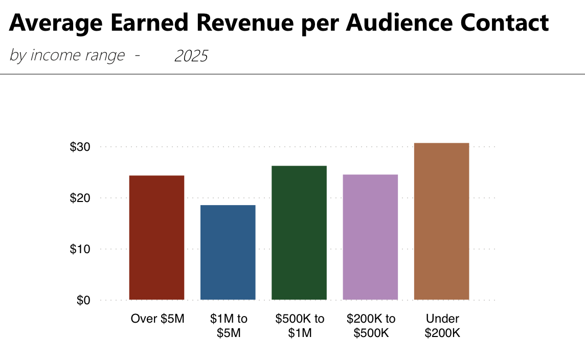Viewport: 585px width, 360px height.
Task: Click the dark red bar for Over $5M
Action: [156, 237]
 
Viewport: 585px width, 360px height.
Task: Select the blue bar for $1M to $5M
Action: [228, 252]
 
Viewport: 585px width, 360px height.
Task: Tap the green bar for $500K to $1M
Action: [299, 233]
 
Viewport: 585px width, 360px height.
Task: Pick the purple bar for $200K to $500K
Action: [370, 237]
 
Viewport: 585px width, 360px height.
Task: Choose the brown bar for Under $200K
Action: [441, 221]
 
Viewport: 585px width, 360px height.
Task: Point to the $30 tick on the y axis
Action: [80, 147]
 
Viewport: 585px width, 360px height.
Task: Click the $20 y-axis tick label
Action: [80, 198]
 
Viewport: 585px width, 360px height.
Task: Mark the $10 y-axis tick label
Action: [80, 249]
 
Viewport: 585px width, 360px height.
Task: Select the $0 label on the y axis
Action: [83, 300]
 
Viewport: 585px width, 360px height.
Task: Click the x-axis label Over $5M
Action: [157, 319]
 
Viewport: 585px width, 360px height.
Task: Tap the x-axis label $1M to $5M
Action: [228, 326]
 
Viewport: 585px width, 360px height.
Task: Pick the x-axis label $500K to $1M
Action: [300, 326]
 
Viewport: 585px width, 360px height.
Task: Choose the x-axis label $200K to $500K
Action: [371, 326]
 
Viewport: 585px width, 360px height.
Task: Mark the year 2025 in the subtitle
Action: [191, 56]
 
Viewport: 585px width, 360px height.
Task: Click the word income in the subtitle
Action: [52, 55]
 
